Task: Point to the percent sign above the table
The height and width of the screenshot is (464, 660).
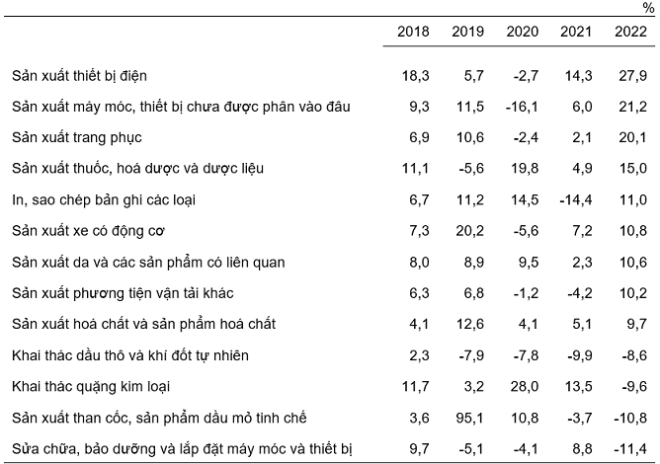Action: [647, 8]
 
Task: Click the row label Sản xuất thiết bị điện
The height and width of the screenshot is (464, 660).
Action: [81, 75]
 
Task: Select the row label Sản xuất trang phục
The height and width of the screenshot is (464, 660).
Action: [74, 137]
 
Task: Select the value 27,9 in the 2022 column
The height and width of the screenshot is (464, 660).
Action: [631, 75]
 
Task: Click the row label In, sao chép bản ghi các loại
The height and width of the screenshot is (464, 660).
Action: [104, 199]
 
